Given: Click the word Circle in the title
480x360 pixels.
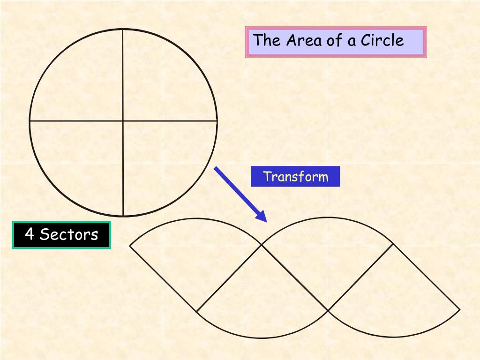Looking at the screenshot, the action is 382,40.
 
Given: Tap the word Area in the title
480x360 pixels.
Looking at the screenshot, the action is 304,40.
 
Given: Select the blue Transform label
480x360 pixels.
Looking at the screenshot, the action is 295,177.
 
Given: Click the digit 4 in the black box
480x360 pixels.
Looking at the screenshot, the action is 29,234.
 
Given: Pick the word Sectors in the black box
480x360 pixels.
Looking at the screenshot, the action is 69,234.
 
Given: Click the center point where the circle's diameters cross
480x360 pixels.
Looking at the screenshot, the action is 123,121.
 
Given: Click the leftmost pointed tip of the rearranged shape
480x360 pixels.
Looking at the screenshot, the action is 130,245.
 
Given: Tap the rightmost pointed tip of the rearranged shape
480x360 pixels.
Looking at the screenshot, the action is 459,309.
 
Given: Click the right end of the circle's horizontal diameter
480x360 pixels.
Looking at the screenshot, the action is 217,121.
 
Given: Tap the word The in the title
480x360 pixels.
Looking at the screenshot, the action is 267,40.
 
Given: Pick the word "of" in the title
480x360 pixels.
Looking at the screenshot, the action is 334,40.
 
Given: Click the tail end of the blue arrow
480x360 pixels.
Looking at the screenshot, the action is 216,168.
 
